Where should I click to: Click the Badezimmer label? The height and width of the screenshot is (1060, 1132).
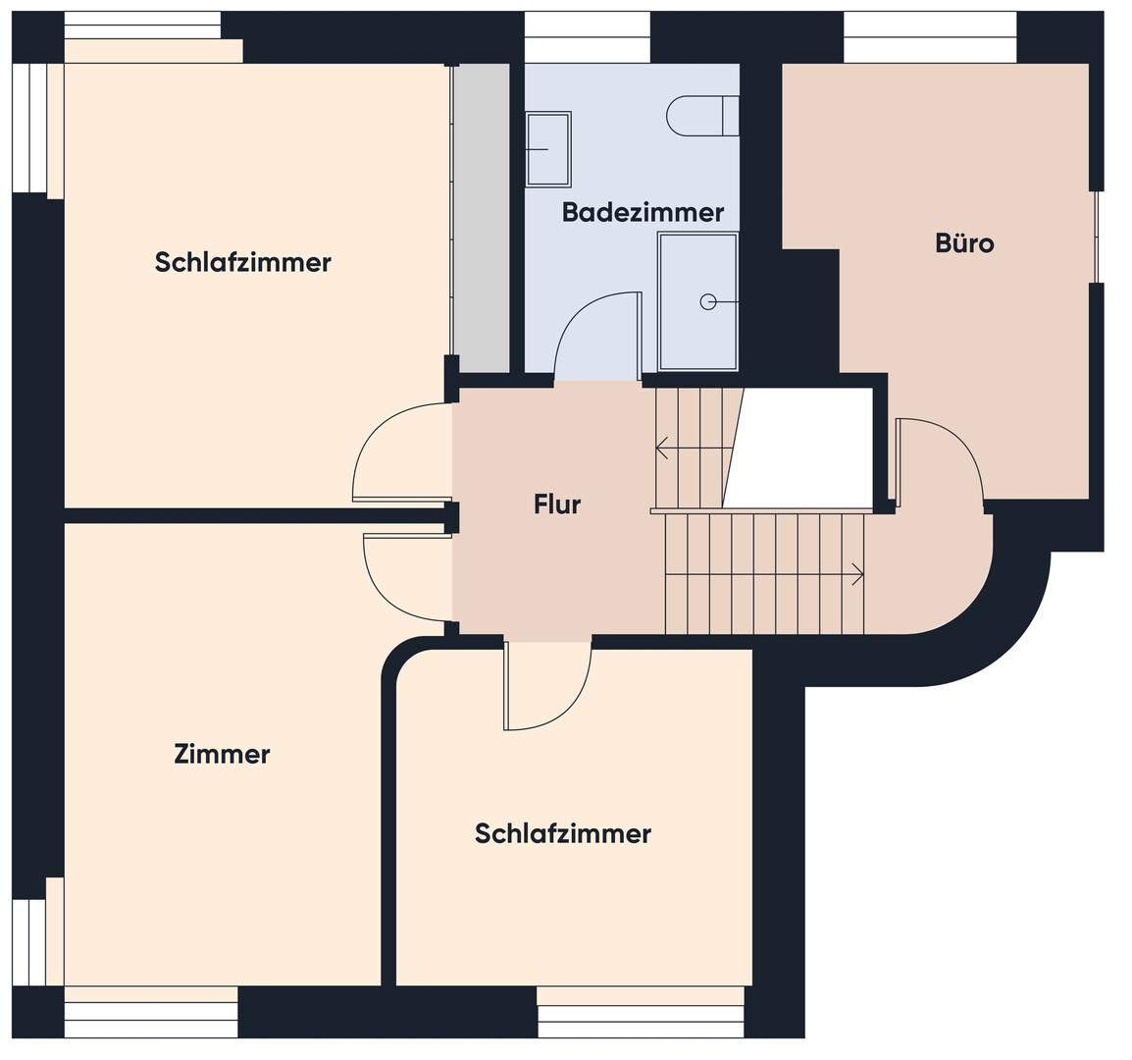tap(643, 212)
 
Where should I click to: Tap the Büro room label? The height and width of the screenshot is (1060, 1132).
tap(964, 242)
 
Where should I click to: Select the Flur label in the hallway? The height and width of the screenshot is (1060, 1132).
tap(556, 504)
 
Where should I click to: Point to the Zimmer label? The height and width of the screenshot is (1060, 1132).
tap(222, 755)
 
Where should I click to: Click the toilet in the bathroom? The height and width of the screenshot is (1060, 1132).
tap(702, 116)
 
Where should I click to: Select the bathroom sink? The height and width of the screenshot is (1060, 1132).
tap(548, 149)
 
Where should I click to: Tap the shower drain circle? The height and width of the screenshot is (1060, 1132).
tap(708, 302)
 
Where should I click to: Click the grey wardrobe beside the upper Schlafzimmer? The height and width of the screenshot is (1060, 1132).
tap(481, 218)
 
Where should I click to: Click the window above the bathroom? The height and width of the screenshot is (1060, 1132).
tap(587, 37)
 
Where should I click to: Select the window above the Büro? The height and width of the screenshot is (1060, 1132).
tap(931, 37)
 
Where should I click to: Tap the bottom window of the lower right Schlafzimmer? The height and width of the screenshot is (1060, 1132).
tap(642, 1012)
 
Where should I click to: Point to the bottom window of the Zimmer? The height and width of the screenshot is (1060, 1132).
tap(151, 1012)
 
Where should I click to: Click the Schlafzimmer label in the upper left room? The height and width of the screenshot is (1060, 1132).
tap(242, 262)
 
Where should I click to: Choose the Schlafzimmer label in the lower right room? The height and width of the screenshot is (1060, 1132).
tap(562, 834)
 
